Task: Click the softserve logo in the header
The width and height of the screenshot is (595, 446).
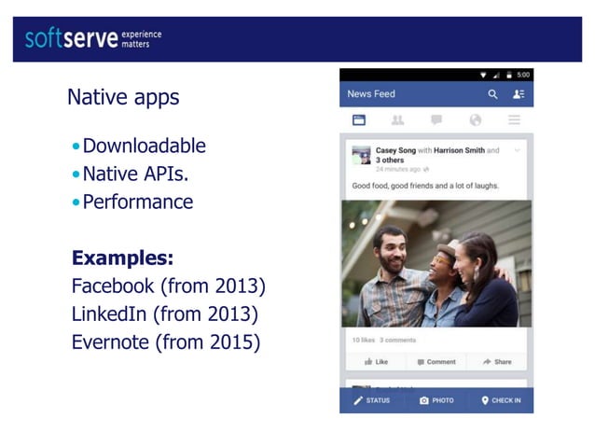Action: point(93,38)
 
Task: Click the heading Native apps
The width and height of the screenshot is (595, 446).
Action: point(123,97)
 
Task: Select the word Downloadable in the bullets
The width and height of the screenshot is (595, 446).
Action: point(144,146)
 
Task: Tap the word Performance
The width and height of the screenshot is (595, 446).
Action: point(137,202)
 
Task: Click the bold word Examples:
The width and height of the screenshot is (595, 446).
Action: point(122,258)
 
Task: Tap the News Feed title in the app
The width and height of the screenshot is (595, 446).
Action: point(371,94)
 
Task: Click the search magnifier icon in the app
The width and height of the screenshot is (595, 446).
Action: point(492,94)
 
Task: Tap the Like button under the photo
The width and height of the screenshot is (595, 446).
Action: point(377,361)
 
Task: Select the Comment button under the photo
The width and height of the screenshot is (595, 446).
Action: point(436,361)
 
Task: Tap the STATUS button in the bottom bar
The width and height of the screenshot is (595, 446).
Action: point(372,400)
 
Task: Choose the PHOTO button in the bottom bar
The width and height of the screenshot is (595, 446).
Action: point(436,400)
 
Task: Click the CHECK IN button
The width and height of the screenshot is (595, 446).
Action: point(501,400)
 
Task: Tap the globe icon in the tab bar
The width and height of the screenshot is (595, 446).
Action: point(476,120)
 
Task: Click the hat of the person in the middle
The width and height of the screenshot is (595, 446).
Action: point(448,245)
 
